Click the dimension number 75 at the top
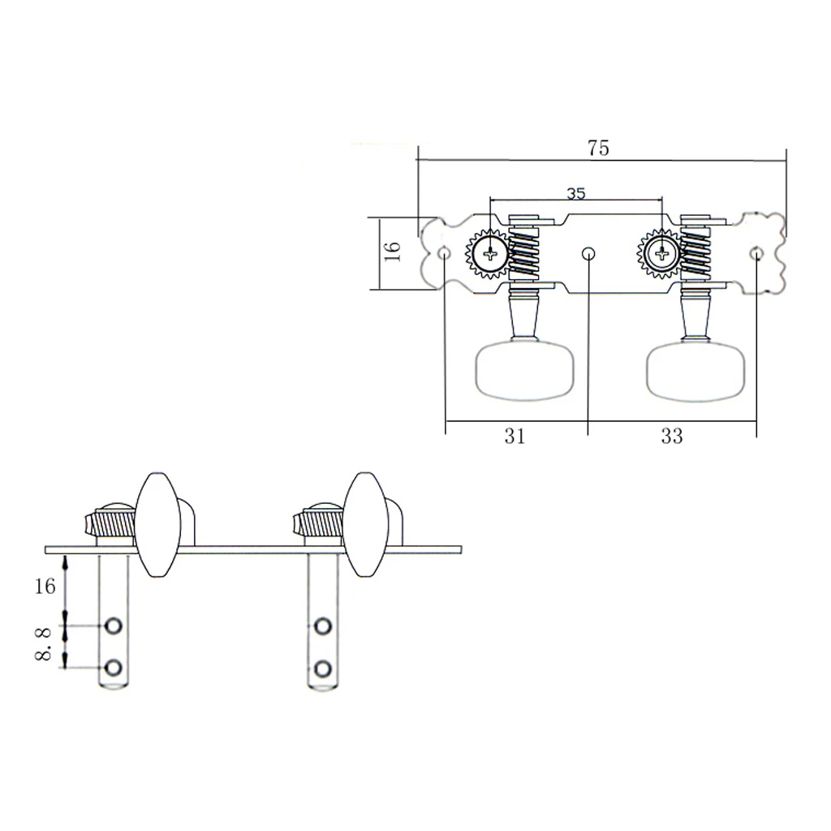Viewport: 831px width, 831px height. [598, 148]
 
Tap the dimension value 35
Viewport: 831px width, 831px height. [575, 193]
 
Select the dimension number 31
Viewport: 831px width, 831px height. [515, 436]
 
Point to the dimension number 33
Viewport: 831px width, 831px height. [671, 436]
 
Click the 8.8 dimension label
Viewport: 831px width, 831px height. [43, 644]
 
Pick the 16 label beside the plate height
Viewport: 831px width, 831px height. [392, 251]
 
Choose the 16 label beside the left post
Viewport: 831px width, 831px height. [45, 586]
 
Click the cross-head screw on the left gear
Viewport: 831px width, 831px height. [491, 254]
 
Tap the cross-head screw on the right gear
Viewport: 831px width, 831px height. [662, 254]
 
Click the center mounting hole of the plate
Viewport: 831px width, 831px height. [588, 254]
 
